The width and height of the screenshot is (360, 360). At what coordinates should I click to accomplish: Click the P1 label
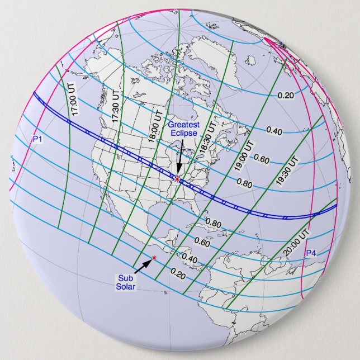37,139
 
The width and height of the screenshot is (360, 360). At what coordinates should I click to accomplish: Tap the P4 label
311,253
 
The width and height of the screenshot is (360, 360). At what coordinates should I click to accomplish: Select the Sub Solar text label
126,283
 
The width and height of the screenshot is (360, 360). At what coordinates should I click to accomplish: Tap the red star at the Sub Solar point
154,258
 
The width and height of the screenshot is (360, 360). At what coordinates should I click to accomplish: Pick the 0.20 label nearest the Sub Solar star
177,274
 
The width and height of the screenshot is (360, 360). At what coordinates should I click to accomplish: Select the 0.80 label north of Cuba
214,224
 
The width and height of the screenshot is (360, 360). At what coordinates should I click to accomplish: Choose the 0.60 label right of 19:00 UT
262,158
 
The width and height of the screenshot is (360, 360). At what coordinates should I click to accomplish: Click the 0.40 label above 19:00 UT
274,131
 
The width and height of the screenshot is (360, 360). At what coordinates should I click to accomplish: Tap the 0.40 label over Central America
190,259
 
